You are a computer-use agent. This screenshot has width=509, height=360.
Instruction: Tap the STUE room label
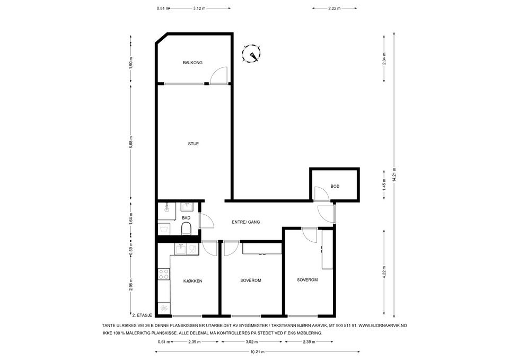coord(194,144)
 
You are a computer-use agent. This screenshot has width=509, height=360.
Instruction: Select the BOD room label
coord(335,186)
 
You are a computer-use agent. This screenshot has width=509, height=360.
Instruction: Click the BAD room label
coord(186,217)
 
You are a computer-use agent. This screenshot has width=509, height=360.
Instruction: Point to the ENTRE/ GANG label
coord(245,222)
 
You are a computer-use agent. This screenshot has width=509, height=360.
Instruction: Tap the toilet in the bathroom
coord(186,229)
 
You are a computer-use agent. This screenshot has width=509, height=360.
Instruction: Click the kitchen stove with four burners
coord(164,274)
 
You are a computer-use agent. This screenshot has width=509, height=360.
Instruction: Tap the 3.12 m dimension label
coord(199,8)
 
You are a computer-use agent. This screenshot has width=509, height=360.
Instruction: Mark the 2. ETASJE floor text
coord(142,314)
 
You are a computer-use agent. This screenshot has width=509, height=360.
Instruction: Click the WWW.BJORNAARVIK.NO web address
coord(386,325)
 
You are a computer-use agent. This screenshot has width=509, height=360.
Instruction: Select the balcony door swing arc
coord(218,75)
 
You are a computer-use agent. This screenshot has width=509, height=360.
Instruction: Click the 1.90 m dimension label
coord(130,61)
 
